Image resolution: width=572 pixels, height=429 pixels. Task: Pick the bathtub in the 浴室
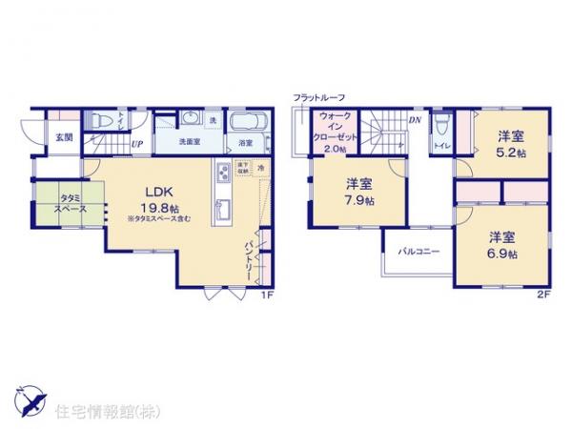click(x=245, y=122)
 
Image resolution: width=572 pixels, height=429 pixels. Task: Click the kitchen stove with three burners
click(x=221, y=173)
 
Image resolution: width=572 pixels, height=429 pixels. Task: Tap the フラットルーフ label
click(x=318, y=98)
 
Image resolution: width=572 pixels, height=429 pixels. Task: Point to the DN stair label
click(x=415, y=121)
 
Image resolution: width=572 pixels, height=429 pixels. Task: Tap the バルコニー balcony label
click(x=418, y=253)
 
